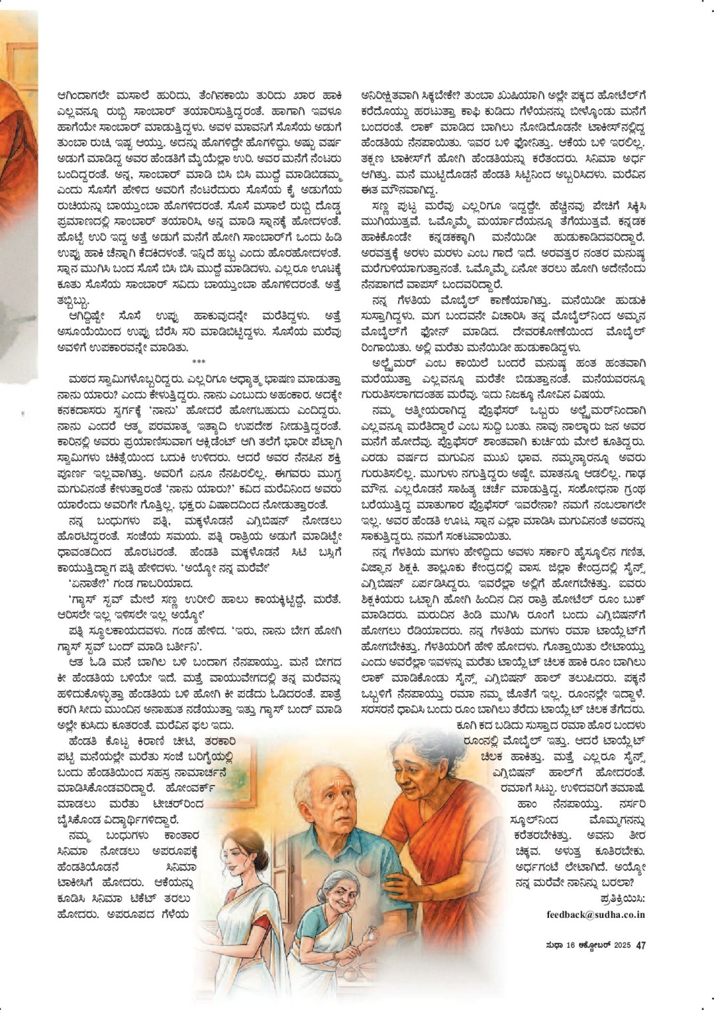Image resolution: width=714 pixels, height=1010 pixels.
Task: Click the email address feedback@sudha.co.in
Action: point(595,915)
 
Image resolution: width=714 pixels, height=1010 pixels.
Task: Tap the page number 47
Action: point(640,945)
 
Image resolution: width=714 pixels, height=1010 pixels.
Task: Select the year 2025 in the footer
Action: point(622,945)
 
